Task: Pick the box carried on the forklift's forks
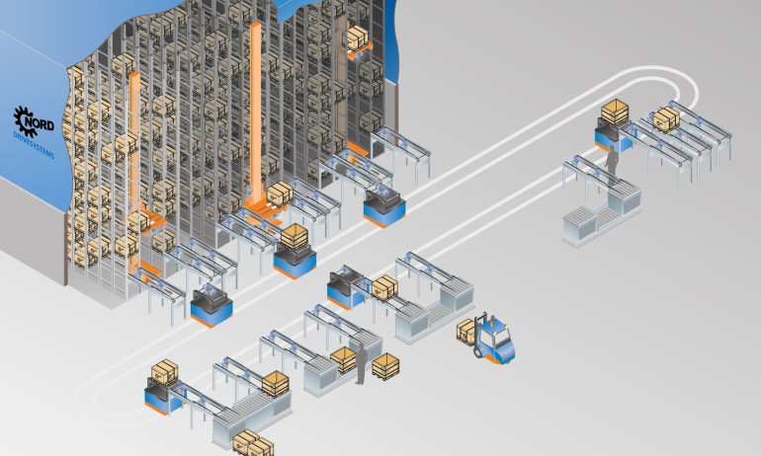tap(465, 332)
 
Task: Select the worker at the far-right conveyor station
tap(612, 164)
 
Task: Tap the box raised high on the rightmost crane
tap(355, 38)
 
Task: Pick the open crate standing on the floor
tap(386, 365)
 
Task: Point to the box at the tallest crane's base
tap(281, 192)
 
